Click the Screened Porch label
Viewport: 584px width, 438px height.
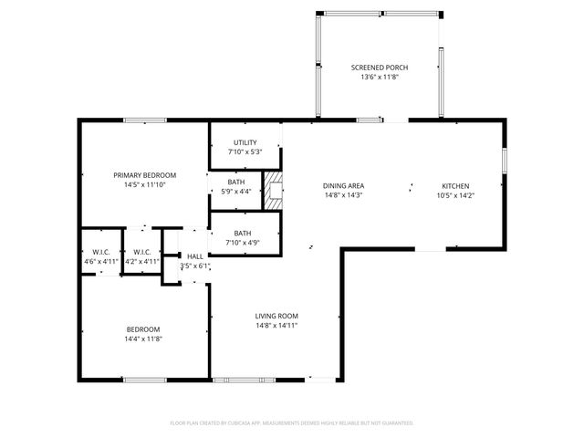point(380,68)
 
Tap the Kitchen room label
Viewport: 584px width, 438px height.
point(455,185)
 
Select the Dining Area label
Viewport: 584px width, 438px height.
point(343,185)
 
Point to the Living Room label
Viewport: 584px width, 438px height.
point(276,316)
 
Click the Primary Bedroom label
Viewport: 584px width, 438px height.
point(144,174)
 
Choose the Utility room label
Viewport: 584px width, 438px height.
point(245,142)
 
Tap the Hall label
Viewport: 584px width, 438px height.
point(195,256)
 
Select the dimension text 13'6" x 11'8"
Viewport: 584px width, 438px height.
point(380,78)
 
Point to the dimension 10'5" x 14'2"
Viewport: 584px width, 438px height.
point(455,195)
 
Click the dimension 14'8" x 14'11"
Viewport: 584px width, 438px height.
point(276,325)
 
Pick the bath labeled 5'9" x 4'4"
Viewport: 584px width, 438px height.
point(235,187)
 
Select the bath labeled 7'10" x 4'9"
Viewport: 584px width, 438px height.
point(242,237)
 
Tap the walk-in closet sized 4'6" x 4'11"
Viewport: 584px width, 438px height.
point(100,256)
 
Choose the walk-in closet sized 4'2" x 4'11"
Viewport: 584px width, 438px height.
point(141,256)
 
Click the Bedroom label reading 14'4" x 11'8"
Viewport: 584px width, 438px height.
point(143,334)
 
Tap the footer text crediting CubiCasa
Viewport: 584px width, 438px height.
point(292,423)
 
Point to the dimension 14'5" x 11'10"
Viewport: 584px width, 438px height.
point(144,184)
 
